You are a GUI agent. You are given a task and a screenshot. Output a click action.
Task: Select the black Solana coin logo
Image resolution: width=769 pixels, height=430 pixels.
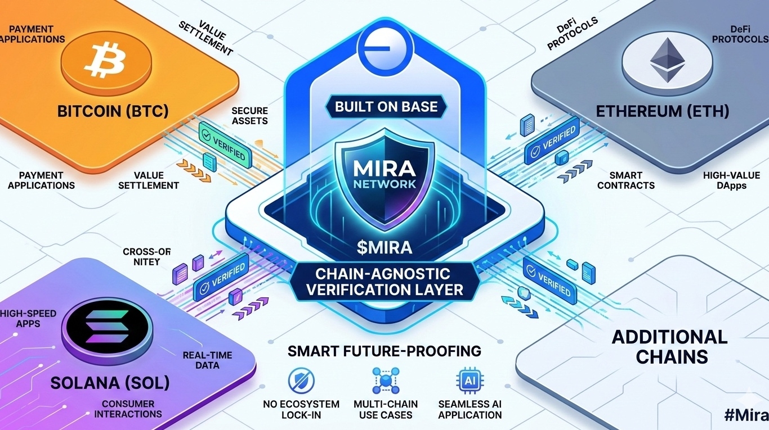tap(108, 327)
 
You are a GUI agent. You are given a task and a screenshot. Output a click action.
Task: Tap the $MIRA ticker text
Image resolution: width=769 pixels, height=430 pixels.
tap(385, 247)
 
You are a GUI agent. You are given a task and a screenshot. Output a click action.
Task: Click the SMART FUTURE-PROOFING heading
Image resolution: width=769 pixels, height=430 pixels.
tap(384, 352)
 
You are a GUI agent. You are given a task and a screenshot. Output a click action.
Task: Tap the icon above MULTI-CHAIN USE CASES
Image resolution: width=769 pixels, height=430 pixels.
tap(386, 381)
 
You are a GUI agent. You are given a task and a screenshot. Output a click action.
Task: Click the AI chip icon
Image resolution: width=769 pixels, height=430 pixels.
tap(469, 381)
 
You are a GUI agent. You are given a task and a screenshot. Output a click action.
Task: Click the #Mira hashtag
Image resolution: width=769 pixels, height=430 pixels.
tap(745, 415)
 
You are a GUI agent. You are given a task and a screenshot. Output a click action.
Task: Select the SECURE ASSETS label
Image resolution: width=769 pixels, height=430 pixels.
tap(249, 116)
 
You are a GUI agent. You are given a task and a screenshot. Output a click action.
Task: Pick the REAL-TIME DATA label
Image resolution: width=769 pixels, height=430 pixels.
tap(200, 360)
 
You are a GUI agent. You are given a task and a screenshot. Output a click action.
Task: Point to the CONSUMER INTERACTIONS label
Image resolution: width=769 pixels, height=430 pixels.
tap(128, 409)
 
